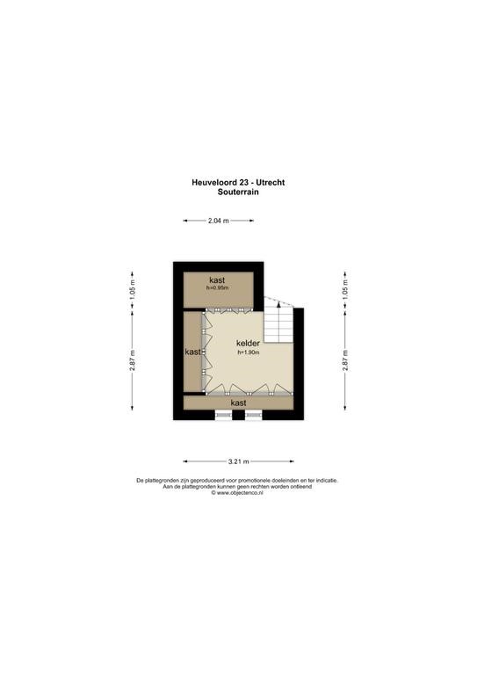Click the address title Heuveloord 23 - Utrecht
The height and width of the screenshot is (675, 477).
coord(238,183)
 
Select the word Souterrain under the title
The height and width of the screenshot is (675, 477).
coord(238,192)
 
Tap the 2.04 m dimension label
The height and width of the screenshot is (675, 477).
coord(219,221)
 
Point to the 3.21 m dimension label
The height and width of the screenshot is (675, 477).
coord(239,461)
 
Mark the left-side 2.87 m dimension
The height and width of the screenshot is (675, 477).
coord(133,360)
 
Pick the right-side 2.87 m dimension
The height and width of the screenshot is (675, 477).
coord(345,360)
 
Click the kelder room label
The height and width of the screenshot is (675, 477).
coord(249,344)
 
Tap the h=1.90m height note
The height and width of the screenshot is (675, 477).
coord(249,352)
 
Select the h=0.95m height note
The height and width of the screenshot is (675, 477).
coord(217,287)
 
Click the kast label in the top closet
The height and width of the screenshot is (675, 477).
coord(217,280)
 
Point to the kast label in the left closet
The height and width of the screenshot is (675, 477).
coord(192,352)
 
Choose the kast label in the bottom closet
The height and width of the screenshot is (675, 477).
coord(238,403)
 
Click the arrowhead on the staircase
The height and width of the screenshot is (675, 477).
coord(278,304)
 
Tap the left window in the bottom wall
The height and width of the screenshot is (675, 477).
coord(223,415)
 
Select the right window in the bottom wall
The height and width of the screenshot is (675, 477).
coord(254,415)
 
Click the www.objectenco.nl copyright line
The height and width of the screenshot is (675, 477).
coord(237,493)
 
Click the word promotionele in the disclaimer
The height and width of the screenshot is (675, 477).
coord(249,481)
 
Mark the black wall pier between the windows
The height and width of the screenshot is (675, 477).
coord(238,415)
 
